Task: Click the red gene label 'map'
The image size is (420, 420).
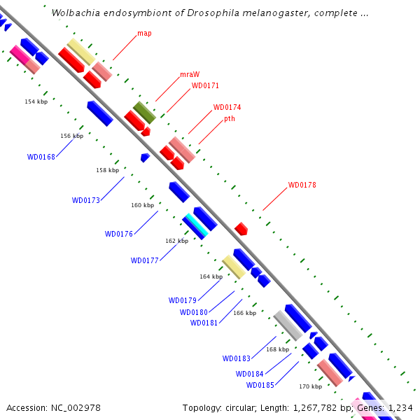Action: [144, 34]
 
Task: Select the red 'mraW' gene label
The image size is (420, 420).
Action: [190, 74]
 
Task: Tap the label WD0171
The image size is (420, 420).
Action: [205, 85]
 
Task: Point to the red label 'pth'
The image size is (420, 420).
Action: [230, 119]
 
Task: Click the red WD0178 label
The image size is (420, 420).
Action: [302, 185]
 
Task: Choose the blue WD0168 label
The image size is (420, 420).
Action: [41, 157]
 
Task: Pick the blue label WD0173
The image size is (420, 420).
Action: [85, 200]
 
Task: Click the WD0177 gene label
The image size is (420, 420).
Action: [145, 260]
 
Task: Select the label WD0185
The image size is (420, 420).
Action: [260, 385]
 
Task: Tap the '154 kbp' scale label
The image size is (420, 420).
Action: [36, 101]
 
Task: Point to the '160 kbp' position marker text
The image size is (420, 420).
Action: [143, 205]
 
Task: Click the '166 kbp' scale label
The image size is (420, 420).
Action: [245, 313]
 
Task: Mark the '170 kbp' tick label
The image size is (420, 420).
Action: [310, 386]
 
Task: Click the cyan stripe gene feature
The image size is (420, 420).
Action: [197, 225]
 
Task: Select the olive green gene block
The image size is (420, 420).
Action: [144, 113]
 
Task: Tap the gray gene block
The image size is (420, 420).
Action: [288, 325]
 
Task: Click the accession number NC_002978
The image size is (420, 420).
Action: [76, 408]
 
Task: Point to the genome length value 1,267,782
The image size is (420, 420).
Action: [315, 408]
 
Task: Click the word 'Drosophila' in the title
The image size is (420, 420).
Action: [213, 13]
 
